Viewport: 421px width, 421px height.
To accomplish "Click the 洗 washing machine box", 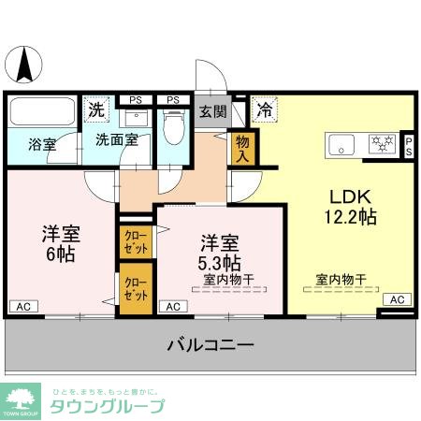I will pos(96,109).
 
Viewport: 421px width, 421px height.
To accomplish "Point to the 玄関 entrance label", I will pos(212,111).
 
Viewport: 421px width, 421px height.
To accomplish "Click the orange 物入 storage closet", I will pos(242,147).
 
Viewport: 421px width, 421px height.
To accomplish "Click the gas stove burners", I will pos(382,143).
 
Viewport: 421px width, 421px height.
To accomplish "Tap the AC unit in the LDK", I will pos(396,299).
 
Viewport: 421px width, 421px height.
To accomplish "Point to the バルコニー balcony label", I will pos(210,345).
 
